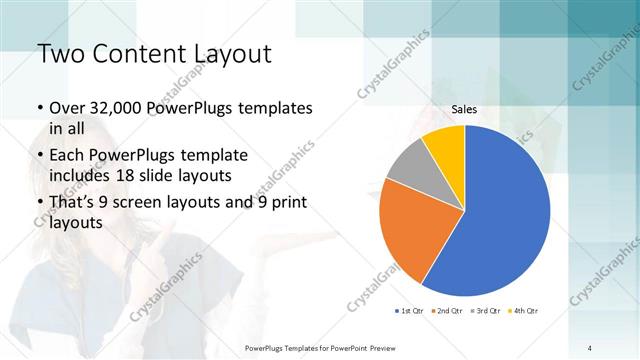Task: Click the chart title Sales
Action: [464, 110]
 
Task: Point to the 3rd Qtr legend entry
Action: [483, 311]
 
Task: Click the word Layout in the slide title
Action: [227, 53]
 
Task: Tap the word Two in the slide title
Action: [59, 53]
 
